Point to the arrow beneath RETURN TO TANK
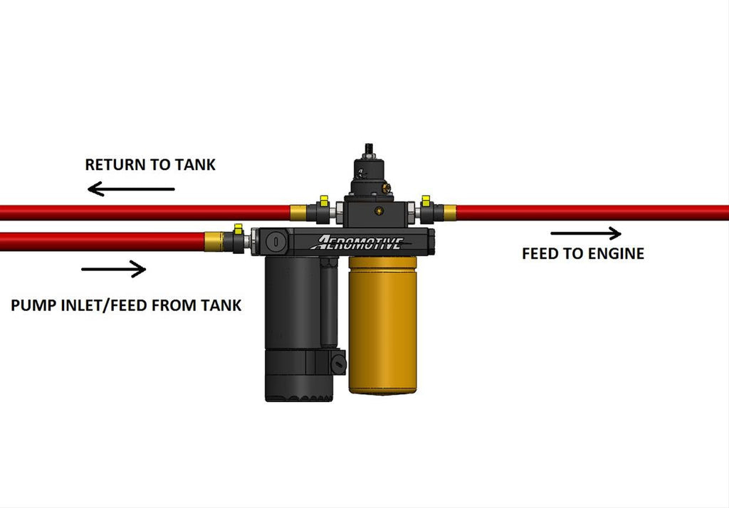tap(131, 189)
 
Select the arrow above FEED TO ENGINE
tap(585, 233)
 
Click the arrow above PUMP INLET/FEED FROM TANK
tap(114, 269)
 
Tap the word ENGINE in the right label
tap(614, 253)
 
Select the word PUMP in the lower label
tap(32, 306)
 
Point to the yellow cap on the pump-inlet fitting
tap(238, 228)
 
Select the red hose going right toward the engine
tap(591, 212)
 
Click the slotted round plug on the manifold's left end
tap(274, 242)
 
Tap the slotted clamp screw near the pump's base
tap(339, 366)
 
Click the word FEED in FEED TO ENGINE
tap(537, 253)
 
